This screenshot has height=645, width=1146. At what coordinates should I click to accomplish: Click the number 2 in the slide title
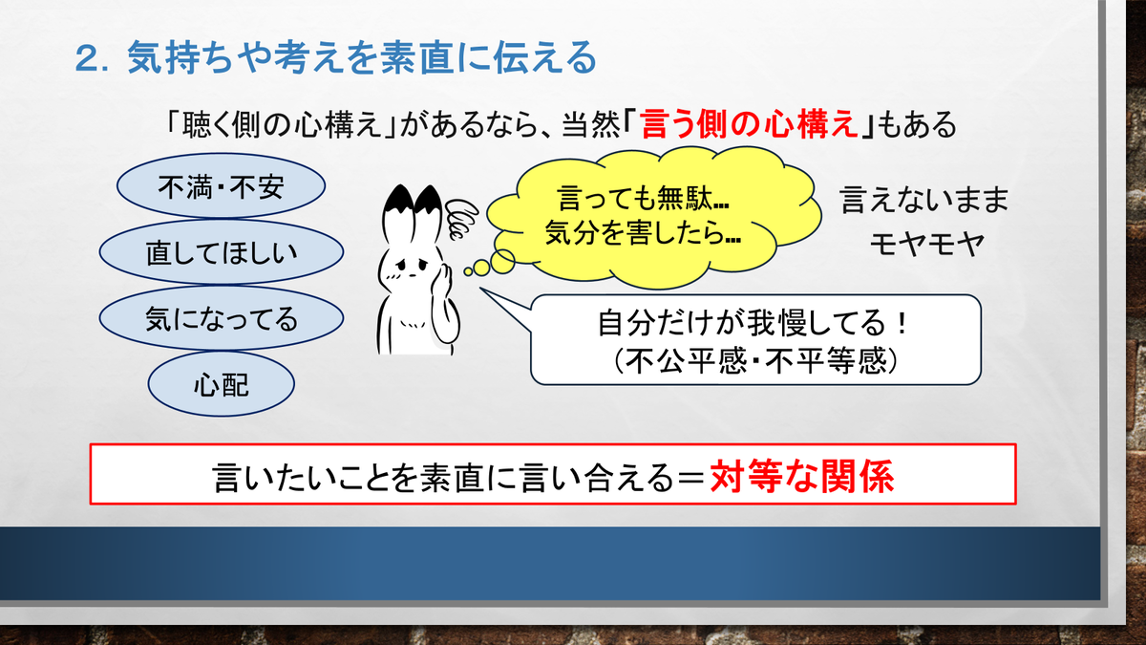(x=88, y=58)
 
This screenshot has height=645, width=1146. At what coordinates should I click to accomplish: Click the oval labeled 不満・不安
(x=221, y=185)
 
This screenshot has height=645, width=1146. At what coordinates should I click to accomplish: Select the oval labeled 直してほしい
(x=221, y=252)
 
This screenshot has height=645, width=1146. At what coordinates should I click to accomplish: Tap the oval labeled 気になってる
(x=221, y=318)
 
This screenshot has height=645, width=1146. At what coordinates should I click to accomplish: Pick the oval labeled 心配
(x=221, y=384)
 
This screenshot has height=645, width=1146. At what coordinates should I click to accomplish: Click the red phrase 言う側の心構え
(x=749, y=124)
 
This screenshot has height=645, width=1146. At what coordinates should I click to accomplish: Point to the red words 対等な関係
(x=801, y=476)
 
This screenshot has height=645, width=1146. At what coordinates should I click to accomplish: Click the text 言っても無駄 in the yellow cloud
(x=634, y=198)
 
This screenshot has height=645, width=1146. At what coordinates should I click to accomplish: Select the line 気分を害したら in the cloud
(x=634, y=233)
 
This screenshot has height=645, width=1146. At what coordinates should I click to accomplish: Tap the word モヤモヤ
(x=927, y=245)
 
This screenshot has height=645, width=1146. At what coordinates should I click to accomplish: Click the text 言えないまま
(x=924, y=200)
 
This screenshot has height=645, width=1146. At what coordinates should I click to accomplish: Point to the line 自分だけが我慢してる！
(x=753, y=323)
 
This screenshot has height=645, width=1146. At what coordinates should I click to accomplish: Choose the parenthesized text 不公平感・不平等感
(x=755, y=361)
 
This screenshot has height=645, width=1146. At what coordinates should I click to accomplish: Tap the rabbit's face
(x=412, y=269)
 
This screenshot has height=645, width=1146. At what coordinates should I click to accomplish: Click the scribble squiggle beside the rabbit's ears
(x=461, y=219)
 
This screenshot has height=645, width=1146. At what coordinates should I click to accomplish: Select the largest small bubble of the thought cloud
(x=502, y=262)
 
